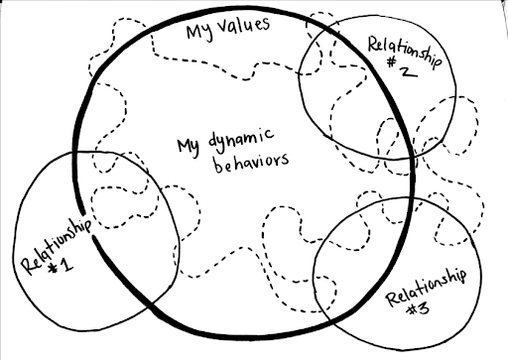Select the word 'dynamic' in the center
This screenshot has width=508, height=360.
241,140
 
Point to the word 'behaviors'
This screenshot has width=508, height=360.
251,163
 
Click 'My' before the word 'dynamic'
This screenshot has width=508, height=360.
189,147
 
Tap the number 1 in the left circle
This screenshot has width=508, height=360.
66,265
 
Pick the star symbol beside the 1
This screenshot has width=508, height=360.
53,269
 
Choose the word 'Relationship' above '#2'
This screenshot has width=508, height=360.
405,53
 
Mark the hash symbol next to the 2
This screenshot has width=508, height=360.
392,61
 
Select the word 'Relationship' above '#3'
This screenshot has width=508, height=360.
427,288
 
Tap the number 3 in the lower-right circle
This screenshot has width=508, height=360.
424,308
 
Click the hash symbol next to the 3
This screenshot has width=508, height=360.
413,310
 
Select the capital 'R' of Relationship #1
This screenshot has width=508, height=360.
29,266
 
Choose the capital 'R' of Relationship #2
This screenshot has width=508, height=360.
374,45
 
